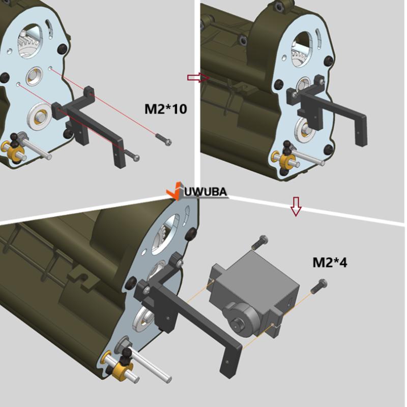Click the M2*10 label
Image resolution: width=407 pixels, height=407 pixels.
coord(165,109)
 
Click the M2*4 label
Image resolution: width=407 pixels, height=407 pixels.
coord(330,263)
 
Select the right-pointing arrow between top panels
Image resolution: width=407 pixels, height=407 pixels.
coord(198,78)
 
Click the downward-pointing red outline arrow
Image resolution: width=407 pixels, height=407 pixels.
coord(296,207)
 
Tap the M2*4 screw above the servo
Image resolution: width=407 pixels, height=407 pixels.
coord(260,242)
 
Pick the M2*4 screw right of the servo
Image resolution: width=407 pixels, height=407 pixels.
coord(319,286)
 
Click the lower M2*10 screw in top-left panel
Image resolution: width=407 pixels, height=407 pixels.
coord(132,155)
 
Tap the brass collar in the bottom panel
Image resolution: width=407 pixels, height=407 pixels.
coord(122,370)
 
